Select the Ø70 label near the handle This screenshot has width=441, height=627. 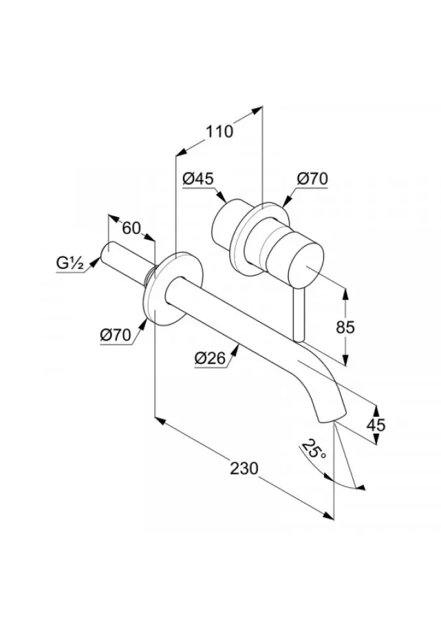pos(312,178)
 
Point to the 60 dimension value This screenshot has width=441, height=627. pos(131,228)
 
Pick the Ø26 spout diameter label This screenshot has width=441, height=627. pos(210,357)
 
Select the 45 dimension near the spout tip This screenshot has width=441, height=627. pos(376,425)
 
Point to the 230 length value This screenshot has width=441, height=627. pos(244,469)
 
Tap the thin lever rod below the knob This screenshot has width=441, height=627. pos(299,317)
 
